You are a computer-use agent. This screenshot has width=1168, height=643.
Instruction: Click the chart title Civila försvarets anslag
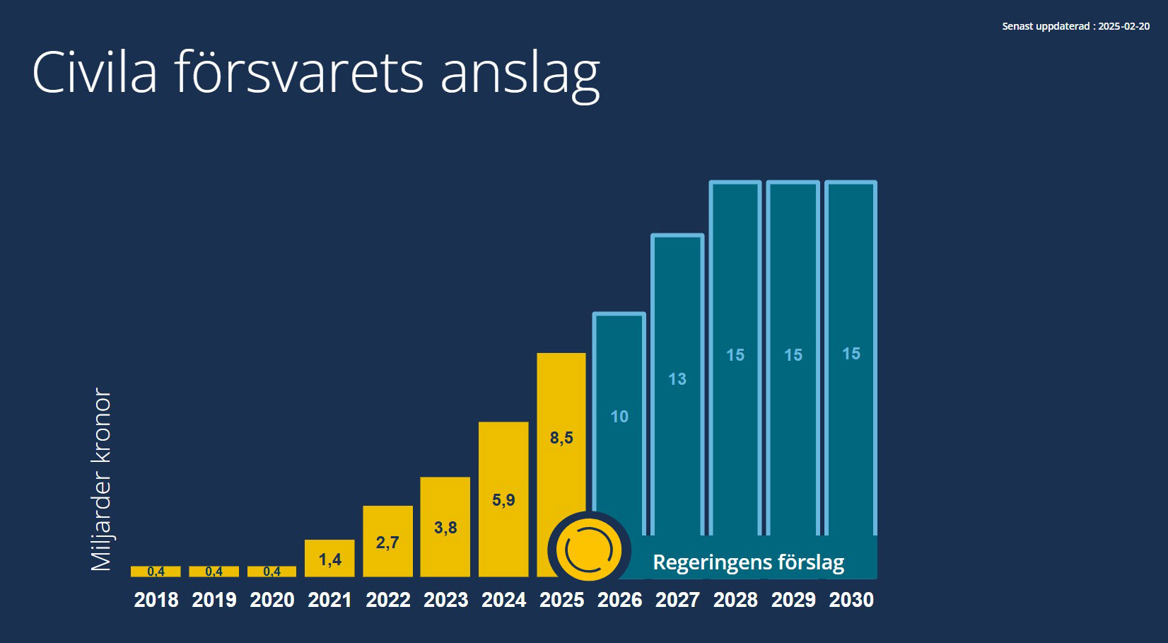(315, 72)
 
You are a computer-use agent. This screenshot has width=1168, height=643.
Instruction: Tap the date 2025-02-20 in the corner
(1123, 26)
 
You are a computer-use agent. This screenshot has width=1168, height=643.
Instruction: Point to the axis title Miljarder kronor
(102, 479)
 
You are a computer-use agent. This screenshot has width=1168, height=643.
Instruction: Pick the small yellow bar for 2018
(156, 571)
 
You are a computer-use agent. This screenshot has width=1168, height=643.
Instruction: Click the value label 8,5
(561, 438)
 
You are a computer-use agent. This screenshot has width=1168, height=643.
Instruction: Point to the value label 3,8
(445, 528)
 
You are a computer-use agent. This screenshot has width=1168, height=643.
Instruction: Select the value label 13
(677, 379)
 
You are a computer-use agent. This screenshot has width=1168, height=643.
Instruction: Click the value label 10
(619, 417)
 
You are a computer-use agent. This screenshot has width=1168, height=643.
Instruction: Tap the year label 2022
(388, 600)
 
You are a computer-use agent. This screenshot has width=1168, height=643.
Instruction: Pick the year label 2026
(619, 600)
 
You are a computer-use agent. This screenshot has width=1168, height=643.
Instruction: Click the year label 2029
(793, 600)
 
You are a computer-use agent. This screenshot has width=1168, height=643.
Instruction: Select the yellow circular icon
(588, 550)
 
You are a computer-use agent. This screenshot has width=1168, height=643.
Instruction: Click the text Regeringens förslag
(748, 562)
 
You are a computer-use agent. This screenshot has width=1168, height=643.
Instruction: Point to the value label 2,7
(387, 543)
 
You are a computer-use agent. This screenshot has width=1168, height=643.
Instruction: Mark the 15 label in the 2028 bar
(735, 355)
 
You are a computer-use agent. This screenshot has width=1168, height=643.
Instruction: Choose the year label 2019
(214, 600)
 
